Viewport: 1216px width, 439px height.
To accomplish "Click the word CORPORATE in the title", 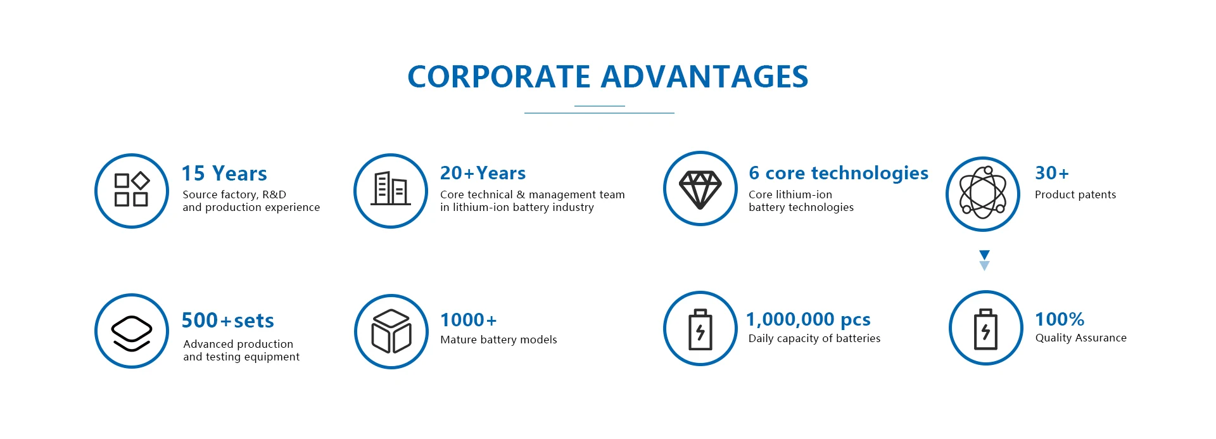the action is pyautogui.click(x=499, y=77).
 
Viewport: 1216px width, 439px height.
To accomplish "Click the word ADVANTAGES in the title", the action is pyautogui.click(x=704, y=77).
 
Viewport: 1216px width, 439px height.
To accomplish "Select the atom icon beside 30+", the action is pyautogui.click(x=983, y=192).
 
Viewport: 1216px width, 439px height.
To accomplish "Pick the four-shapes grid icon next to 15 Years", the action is pyautogui.click(x=132, y=189).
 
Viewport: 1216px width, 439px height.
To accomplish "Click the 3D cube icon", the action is pyautogui.click(x=391, y=331).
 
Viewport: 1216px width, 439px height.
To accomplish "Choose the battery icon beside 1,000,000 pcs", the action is pyautogui.click(x=700, y=329).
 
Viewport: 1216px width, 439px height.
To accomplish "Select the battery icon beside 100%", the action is pyautogui.click(x=985, y=329).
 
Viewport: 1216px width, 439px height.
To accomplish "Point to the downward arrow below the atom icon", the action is pyautogui.click(x=984, y=260).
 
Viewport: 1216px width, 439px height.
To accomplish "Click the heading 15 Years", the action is pyautogui.click(x=224, y=173).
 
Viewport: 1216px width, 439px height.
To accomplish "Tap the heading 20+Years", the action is pyautogui.click(x=483, y=173).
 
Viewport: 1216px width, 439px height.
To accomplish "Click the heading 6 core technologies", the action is pyautogui.click(x=839, y=173).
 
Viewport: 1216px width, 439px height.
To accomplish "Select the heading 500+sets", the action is pyautogui.click(x=228, y=320).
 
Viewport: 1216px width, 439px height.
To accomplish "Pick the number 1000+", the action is pyautogui.click(x=469, y=320).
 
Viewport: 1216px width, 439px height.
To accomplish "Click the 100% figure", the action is pyautogui.click(x=1060, y=319).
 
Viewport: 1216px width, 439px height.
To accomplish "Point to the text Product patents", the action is pyautogui.click(x=1075, y=194).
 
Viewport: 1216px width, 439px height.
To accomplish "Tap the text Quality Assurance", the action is pyautogui.click(x=1081, y=338).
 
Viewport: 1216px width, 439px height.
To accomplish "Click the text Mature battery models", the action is pyautogui.click(x=498, y=340).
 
